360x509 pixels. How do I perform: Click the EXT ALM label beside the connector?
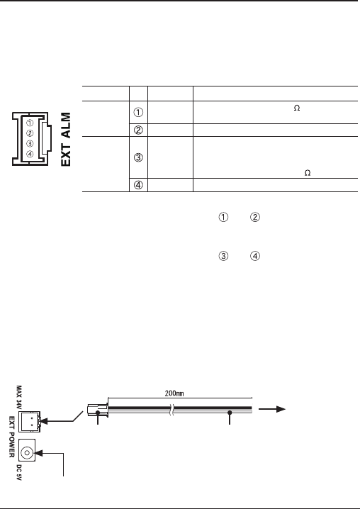pyautogui.click(x=66, y=139)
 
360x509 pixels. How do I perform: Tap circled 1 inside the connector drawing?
pyautogui.click(x=30, y=123)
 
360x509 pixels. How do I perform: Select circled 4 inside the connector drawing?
pyautogui.click(x=30, y=155)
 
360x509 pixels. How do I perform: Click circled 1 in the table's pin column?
pyautogui.click(x=138, y=112)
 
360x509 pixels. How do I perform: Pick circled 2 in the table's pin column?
pyautogui.click(x=138, y=130)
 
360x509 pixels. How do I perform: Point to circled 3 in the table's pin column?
pyautogui.click(x=138, y=158)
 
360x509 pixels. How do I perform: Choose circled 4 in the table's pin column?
pyautogui.click(x=138, y=185)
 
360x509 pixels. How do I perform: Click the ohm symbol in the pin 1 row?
pyautogui.click(x=297, y=108)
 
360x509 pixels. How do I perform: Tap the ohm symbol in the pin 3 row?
pyautogui.click(x=308, y=173)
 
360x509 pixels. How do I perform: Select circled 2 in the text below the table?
pyautogui.click(x=255, y=217)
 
